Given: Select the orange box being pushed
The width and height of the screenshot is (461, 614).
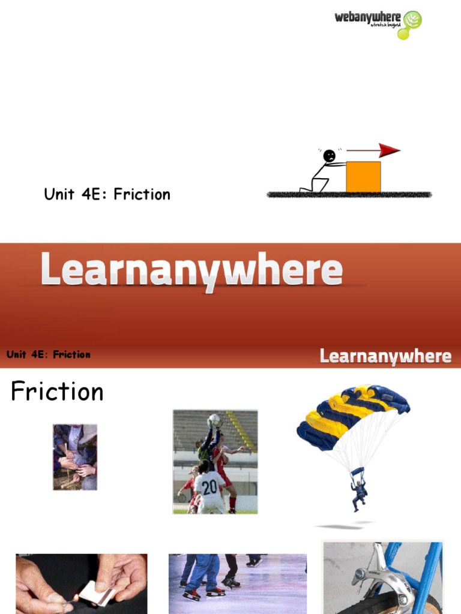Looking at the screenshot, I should tap(363, 177).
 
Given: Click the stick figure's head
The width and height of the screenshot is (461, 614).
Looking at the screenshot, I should tap(329, 156).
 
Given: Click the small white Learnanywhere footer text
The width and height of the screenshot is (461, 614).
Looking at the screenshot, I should tap(385, 356).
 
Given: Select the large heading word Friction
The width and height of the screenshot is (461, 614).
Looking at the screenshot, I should tap(58, 392).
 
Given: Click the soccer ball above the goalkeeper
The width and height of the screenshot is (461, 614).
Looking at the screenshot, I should tap(214, 420).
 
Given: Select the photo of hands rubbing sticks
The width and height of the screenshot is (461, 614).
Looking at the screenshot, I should tap(74, 457).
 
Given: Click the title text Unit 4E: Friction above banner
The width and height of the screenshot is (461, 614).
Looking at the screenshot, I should tap(107, 194).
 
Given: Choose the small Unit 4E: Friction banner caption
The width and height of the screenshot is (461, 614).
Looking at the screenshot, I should tap(49, 354).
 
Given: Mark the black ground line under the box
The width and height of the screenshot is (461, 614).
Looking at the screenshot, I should tap(349, 195).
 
